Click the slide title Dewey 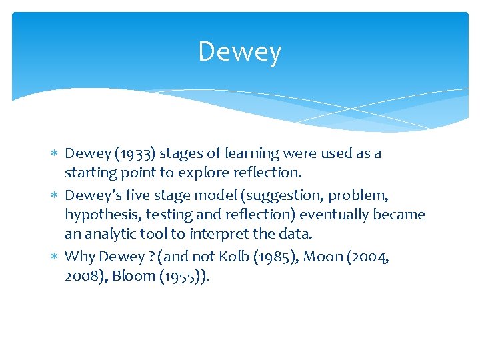tap(239, 52)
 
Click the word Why tap(80, 257)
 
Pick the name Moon tap(322, 257)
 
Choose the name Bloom tap(129, 276)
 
